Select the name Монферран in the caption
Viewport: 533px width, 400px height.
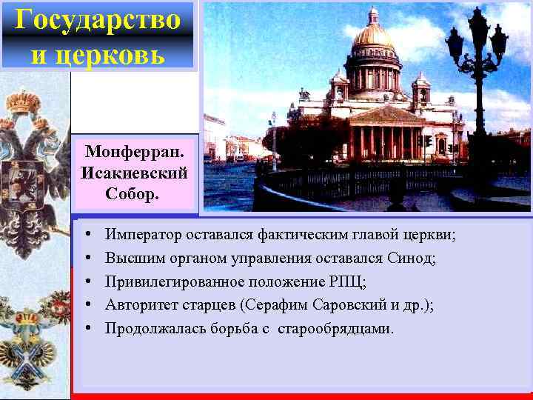click(x=134, y=153)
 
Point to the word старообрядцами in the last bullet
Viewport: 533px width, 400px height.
click(x=335, y=328)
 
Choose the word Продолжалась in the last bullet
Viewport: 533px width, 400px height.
click(x=151, y=328)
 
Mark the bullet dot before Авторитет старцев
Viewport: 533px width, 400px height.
click(x=88, y=304)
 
